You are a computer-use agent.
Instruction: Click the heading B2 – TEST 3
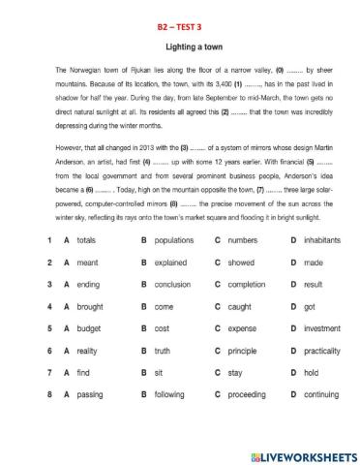[x=180, y=29]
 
